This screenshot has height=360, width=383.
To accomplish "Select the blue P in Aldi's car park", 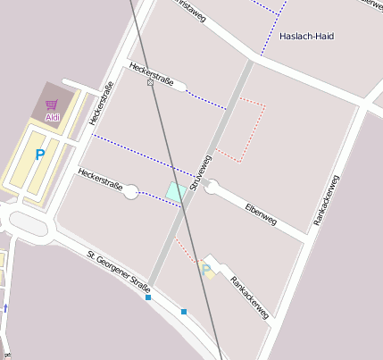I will click(39, 155).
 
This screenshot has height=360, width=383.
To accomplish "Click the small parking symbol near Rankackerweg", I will click(208, 269).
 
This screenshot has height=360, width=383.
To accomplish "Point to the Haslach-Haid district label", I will click(305, 37).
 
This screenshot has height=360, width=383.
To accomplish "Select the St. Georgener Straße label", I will click(118, 272).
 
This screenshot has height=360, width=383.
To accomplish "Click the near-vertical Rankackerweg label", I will click(327, 199).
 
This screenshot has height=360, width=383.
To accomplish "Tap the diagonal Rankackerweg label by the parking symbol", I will click(249, 297).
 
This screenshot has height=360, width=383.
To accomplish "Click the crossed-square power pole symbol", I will click(150, 82).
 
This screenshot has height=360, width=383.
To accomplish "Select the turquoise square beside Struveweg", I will click(176, 190).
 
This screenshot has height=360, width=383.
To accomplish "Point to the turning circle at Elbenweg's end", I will click(212, 187).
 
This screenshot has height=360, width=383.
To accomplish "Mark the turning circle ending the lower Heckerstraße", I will click(131, 191).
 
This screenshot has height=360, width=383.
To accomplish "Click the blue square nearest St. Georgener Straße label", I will click(148, 297).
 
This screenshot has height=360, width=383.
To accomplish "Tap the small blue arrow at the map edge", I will click(5, 307).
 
